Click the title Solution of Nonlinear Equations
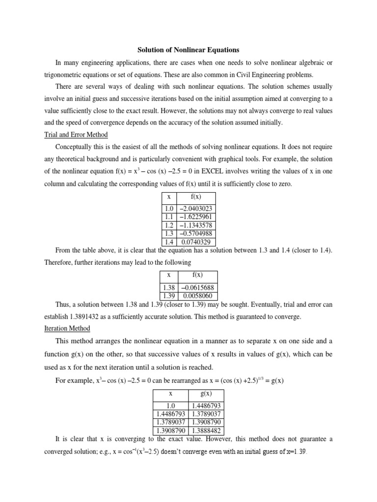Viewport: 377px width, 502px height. point(188,50)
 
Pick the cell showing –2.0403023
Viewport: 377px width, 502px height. point(195,208)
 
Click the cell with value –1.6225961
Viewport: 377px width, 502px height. point(195,217)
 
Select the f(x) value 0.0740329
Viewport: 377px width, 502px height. point(195,242)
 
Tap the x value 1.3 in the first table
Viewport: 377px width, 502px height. point(168,233)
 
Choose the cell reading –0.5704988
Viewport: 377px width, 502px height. point(195,233)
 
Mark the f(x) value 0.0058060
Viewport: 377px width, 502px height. point(197,296)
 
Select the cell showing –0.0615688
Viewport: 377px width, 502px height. point(197,287)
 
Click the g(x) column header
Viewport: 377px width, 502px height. point(206,393)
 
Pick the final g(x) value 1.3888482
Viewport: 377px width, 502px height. point(206,430)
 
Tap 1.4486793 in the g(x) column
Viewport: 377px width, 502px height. point(206,405)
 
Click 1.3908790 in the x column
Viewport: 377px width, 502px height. point(170,430)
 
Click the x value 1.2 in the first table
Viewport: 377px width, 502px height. point(168,225)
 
